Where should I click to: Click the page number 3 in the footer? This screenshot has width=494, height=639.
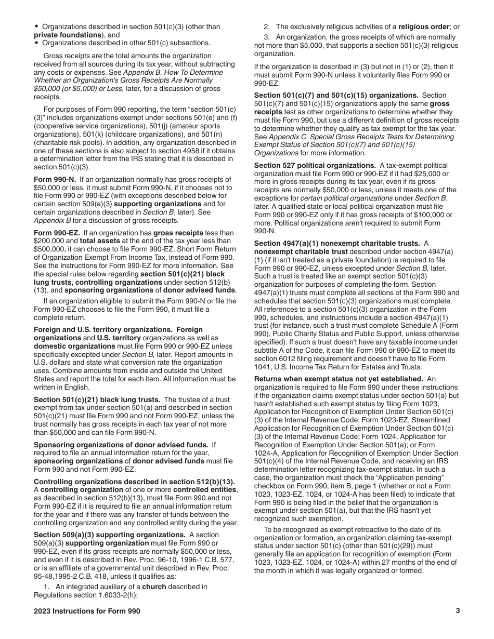coord(458,611)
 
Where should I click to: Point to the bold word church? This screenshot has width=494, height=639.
coord(154,587)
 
